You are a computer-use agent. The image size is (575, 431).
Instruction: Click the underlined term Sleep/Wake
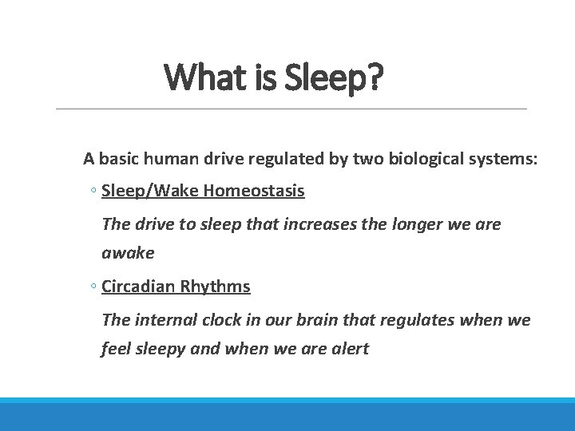click(x=150, y=192)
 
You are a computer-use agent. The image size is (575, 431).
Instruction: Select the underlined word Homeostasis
click(x=254, y=192)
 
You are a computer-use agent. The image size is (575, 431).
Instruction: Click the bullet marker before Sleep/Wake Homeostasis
click(x=93, y=192)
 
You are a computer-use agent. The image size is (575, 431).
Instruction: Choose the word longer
click(x=405, y=224)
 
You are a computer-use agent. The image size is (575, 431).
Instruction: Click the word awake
click(x=128, y=253)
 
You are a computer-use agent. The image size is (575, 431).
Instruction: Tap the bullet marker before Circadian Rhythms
click(x=93, y=287)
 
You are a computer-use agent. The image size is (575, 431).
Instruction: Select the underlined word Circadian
click(x=138, y=287)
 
